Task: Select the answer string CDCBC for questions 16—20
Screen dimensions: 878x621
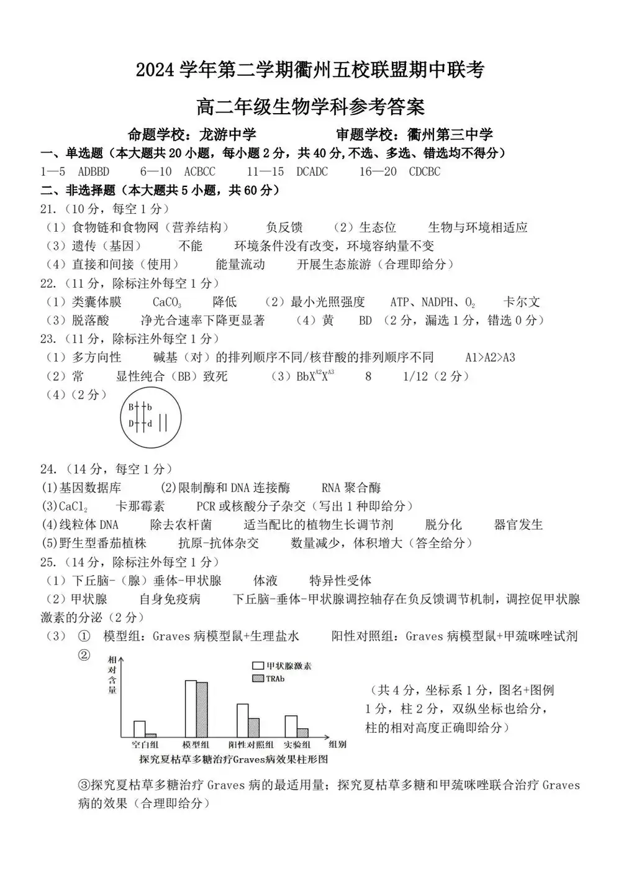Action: click(425, 171)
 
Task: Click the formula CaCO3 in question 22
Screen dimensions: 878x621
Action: click(167, 303)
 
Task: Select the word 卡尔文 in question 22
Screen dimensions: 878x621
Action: click(522, 302)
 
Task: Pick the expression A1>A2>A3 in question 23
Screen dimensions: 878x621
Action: click(490, 357)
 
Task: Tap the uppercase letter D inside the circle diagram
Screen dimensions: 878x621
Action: click(132, 423)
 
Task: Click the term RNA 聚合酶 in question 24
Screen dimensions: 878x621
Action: click(351, 488)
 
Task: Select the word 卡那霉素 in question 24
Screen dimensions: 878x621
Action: click(140, 506)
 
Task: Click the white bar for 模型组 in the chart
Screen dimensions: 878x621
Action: click(191, 709)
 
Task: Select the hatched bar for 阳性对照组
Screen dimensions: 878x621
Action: click(253, 728)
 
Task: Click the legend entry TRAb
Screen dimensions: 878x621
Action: click(275, 679)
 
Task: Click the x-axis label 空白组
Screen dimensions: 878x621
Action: click(145, 745)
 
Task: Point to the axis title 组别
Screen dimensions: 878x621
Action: click(337, 744)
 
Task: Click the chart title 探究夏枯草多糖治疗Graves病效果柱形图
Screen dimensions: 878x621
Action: click(233, 759)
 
